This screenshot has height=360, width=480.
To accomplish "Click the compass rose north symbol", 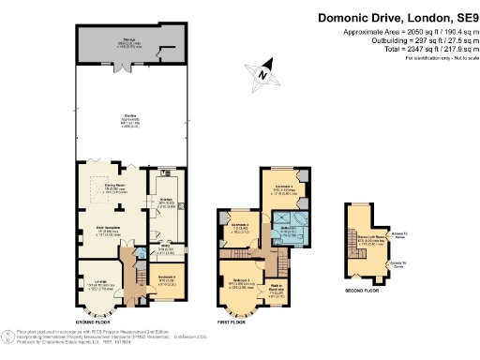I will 263,74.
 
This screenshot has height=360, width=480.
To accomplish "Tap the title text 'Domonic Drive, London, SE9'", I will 397,16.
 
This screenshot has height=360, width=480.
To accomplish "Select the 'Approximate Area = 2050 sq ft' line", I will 405,31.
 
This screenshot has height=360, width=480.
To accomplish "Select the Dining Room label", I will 116,187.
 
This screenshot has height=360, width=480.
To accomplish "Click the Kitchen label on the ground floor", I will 165,202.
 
